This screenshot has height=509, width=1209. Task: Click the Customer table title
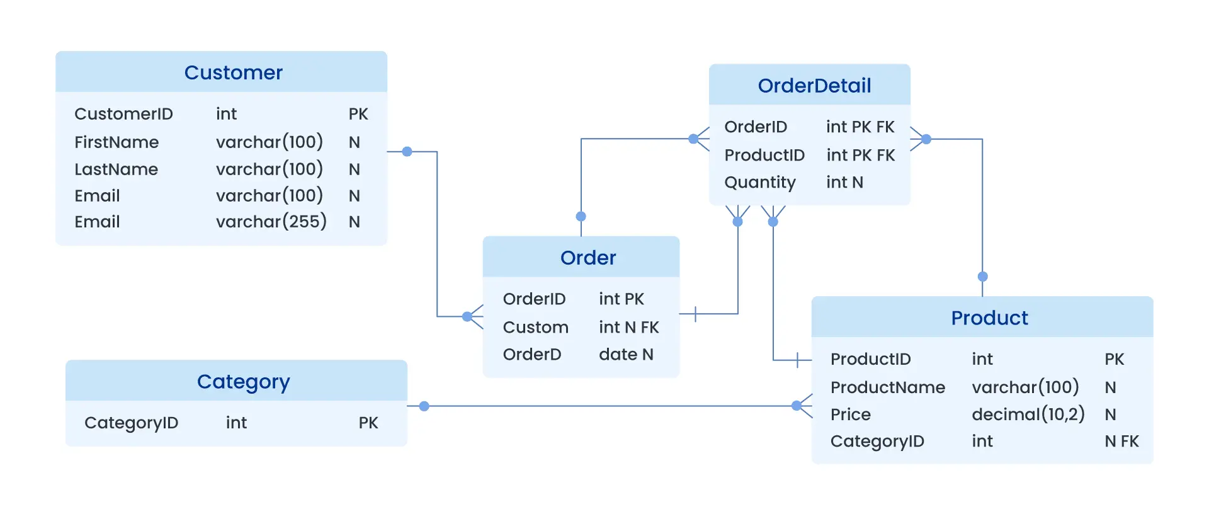point(233,72)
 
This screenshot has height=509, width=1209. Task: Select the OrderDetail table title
point(814,86)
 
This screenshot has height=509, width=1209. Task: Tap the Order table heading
point(587,258)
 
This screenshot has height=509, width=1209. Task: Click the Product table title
point(989,318)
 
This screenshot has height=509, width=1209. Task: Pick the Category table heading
point(243,382)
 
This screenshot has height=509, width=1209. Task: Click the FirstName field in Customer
point(116,142)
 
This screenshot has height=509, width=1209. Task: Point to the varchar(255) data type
point(271,222)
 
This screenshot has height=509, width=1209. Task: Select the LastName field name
point(116,169)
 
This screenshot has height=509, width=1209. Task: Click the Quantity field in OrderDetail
point(759,183)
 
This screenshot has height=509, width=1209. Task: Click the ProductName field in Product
point(887,387)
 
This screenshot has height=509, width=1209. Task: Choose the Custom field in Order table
point(535,328)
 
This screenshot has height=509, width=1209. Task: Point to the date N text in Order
point(625,355)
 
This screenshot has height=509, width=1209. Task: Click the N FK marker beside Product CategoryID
point(1121,442)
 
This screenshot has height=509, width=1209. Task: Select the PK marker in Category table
point(368,423)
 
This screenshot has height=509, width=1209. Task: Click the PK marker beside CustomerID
point(358,114)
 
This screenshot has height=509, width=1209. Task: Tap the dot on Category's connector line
point(424,406)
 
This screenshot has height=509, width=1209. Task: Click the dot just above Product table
point(982,277)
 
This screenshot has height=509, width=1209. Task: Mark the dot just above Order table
point(581,216)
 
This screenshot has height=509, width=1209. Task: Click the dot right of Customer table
point(407,152)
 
